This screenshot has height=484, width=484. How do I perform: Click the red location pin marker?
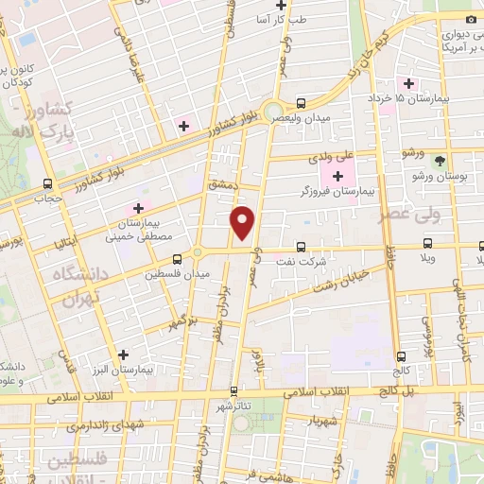244,223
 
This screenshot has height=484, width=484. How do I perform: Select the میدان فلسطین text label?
177,274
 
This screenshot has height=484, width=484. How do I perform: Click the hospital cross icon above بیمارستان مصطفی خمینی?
139,207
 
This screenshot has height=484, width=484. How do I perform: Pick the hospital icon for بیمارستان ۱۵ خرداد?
407,84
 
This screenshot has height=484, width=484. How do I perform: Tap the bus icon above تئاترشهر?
233,389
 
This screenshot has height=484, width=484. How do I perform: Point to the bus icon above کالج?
403,356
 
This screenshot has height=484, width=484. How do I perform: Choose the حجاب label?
47,199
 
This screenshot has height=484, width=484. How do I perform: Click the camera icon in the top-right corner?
471,20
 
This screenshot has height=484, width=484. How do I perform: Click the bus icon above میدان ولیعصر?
301,103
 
